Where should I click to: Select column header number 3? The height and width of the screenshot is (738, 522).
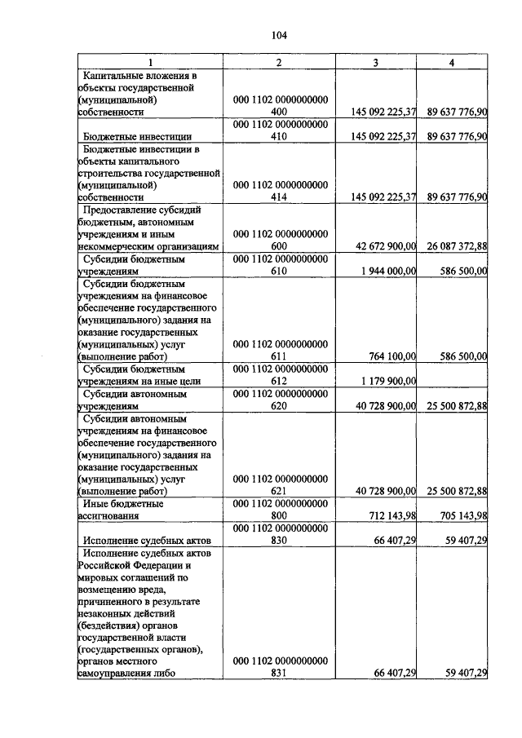pos(375,63)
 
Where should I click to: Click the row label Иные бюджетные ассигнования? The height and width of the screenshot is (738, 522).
pos(122,510)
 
